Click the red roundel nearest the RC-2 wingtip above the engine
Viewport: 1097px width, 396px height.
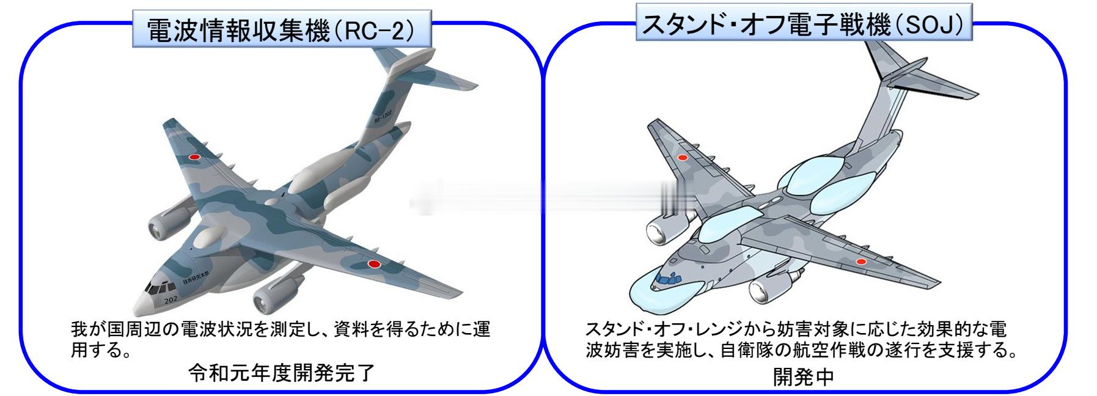[194, 156]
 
